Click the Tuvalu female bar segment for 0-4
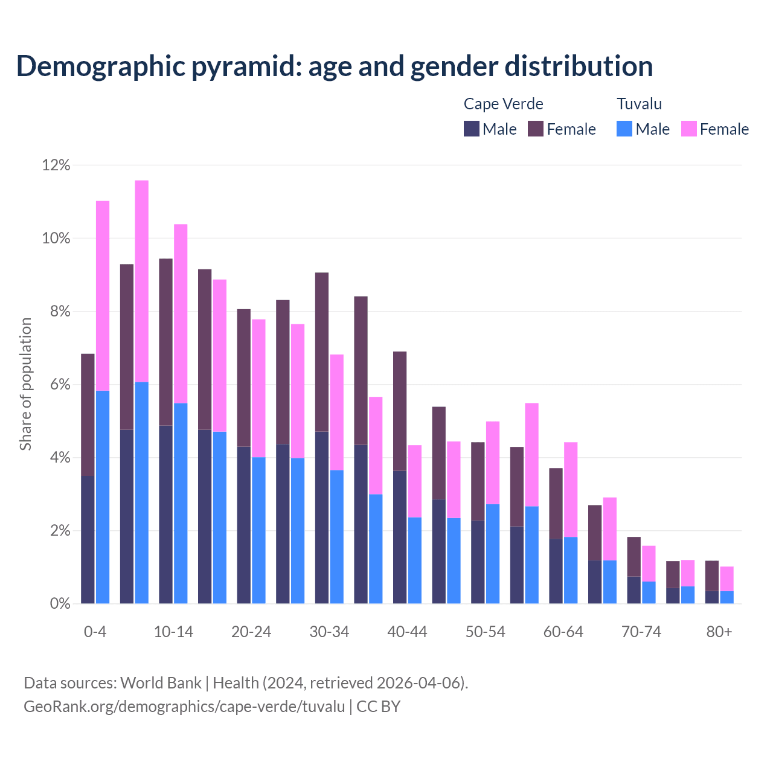coord(103,295)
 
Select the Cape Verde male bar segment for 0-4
coord(88,539)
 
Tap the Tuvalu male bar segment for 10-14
coord(181,503)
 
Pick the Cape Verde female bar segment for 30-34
coord(322,352)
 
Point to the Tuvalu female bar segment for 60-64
coord(571,490)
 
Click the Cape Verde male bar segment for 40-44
coord(400,537)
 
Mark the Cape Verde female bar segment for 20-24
coord(244,377)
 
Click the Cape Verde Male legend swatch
coord(472,129)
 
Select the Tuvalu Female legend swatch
coord(688,129)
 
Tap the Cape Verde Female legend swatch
coord(536,129)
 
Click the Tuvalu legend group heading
coord(639,104)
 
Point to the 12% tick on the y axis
coord(56,165)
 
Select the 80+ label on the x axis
coord(719,632)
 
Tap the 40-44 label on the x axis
coord(407,632)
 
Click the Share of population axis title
coord(26,384)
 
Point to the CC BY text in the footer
coord(378,706)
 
